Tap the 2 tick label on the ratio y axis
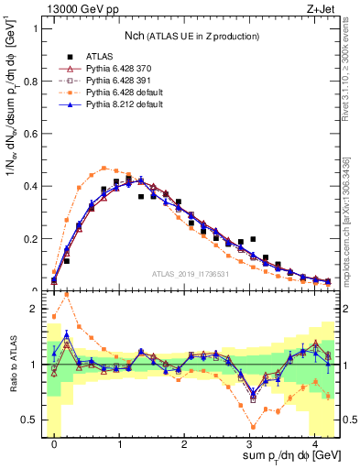coord(36,309)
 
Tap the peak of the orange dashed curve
coord(104,168)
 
